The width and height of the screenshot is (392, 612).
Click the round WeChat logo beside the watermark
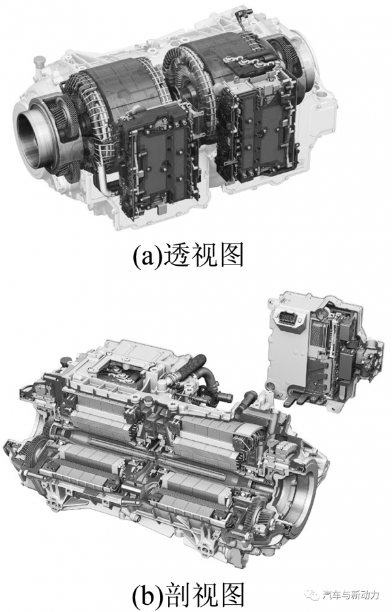tap(314, 595)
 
